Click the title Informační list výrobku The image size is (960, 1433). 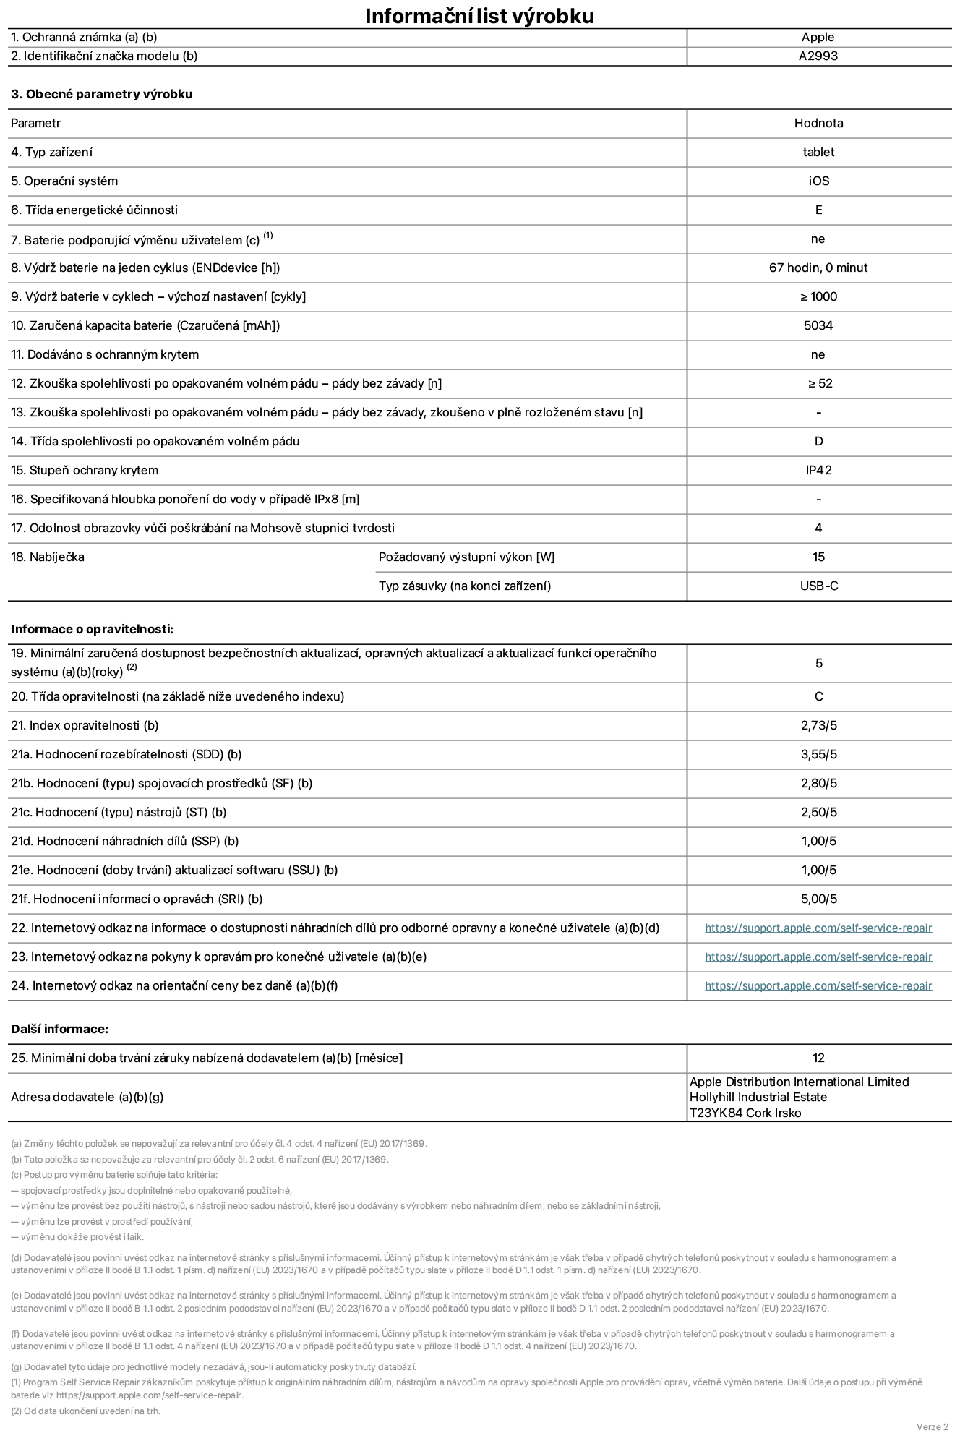pyautogui.click(x=479, y=16)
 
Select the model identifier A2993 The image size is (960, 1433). pyautogui.click(x=818, y=56)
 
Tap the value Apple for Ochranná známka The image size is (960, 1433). pyautogui.click(x=818, y=38)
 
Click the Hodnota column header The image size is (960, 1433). pyautogui.click(x=818, y=123)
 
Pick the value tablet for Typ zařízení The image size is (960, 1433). pyautogui.click(x=818, y=152)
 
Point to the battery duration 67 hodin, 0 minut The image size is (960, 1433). pyautogui.click(x=818, y=268)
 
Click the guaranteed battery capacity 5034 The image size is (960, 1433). pyautogui.click(x=818, y=325)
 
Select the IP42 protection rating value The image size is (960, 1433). pyautogui.click(x=818, y=470)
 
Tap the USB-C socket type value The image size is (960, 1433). pyautogui.click(x=818, y=586)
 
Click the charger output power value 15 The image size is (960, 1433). pyautogui.click(x=818, y=557)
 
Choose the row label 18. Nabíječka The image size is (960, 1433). pyautogui.click(x=48, y=557)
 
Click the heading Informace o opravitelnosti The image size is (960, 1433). pyautogui.click(x=92, y=629)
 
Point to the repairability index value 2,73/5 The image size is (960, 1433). pyautogui.click(x=818, y=725)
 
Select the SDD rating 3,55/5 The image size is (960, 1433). pyautogui.click(x=818, y=754)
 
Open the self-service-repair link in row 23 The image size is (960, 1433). pyautogui.click(x=818, y=957)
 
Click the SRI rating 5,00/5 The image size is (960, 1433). pyautogui.click(x=818, y=899)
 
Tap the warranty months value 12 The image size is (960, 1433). pyautogui.click(x=818, y=1058)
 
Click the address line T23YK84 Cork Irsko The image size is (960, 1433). pyautogui.click(x=745, y=1113)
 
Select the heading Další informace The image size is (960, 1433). pyautogui.click(x=59, y=1029)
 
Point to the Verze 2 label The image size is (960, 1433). pyautogui.click(x=932, y=1426)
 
